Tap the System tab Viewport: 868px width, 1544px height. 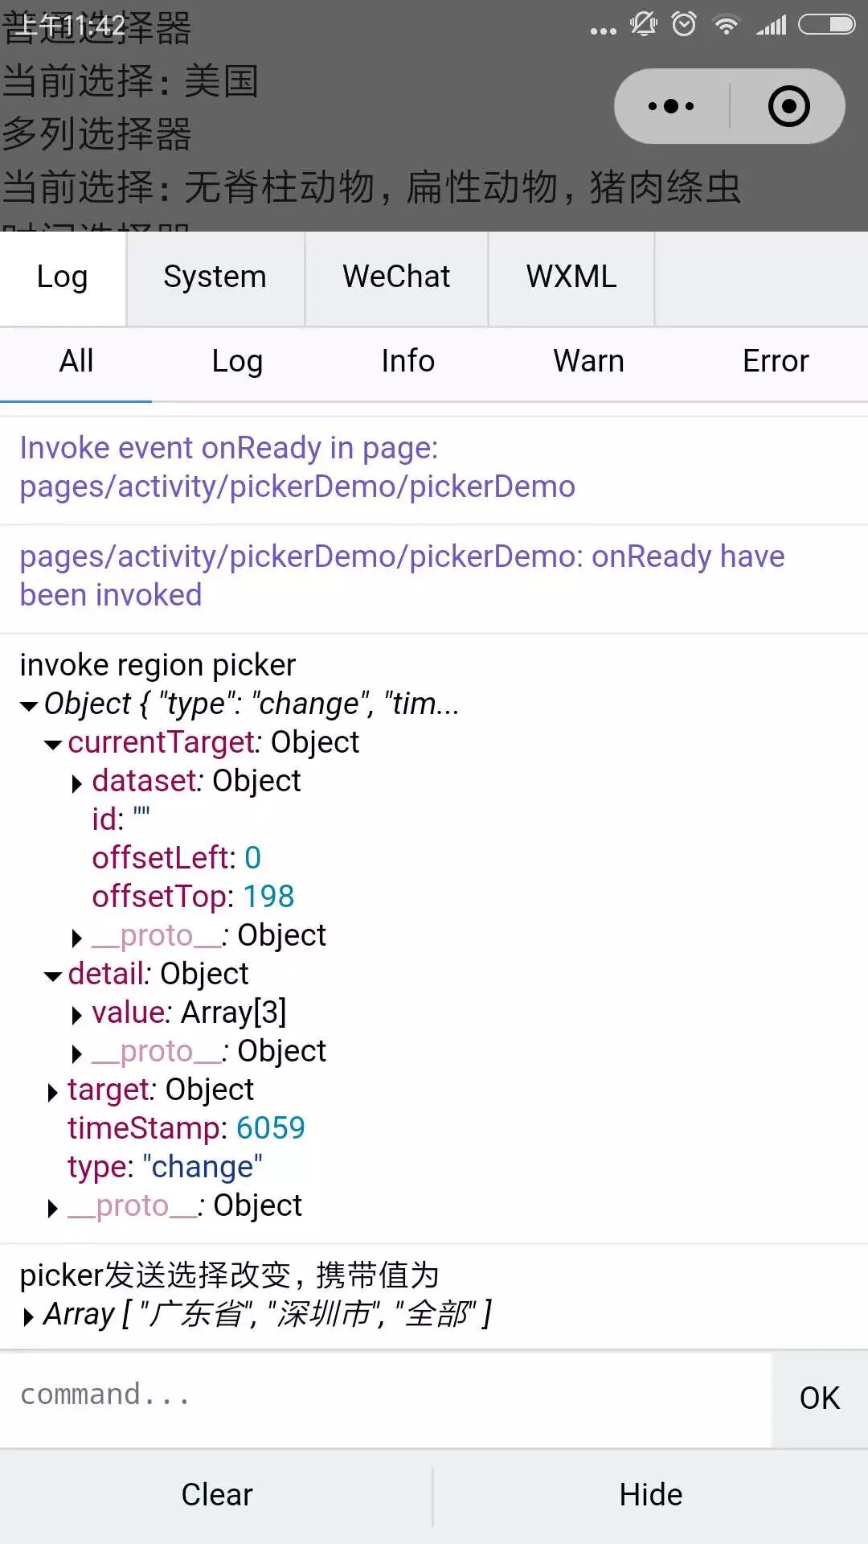click(x=215, y=277)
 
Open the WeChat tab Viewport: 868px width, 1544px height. click(x=396, y=277)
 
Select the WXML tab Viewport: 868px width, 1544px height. click(x=571, y=277)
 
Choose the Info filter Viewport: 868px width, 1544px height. click(x=407, y=362)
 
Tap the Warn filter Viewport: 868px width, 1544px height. click(x=588, y=362)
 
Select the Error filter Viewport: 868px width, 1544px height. click(x=776, y=362)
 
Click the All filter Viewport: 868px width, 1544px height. click(x=76, y=362)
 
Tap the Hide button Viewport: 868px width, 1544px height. click(x=650, y=1495)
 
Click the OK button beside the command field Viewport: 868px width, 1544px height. click(x=819, y=1398)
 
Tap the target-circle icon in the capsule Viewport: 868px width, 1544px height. click(x=788, y=106)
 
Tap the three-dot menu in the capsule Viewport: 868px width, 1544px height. click(x=671, y=106)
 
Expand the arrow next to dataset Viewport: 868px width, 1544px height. click(x=77, y=783)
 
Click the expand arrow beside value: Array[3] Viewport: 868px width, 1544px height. click(x=77, y=1015)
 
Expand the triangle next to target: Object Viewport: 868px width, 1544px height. click(x=53, y=1092)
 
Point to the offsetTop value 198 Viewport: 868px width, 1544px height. click(x=268, y=897)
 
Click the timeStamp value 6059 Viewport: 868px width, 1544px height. click(x=271, y=1128)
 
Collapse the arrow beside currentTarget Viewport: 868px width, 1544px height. click(x=53, y=745)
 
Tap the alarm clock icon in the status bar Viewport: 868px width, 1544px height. click(x=684, y=25)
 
